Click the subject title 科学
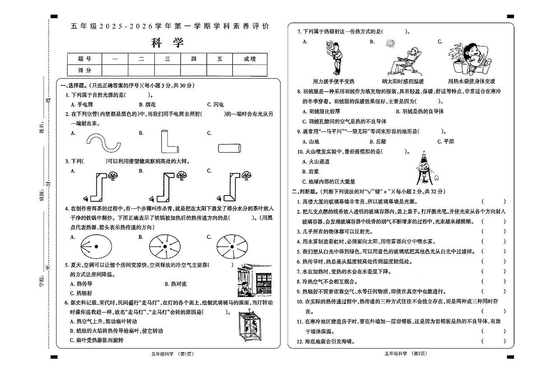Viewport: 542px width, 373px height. pos(168,43)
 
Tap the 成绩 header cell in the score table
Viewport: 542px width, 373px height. pos(249,59)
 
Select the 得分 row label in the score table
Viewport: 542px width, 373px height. pos(84,70)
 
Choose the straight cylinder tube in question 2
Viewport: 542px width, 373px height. pos(231,148)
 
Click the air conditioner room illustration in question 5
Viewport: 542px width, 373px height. pos(254,280)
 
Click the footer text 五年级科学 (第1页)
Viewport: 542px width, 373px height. pos(169,354)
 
